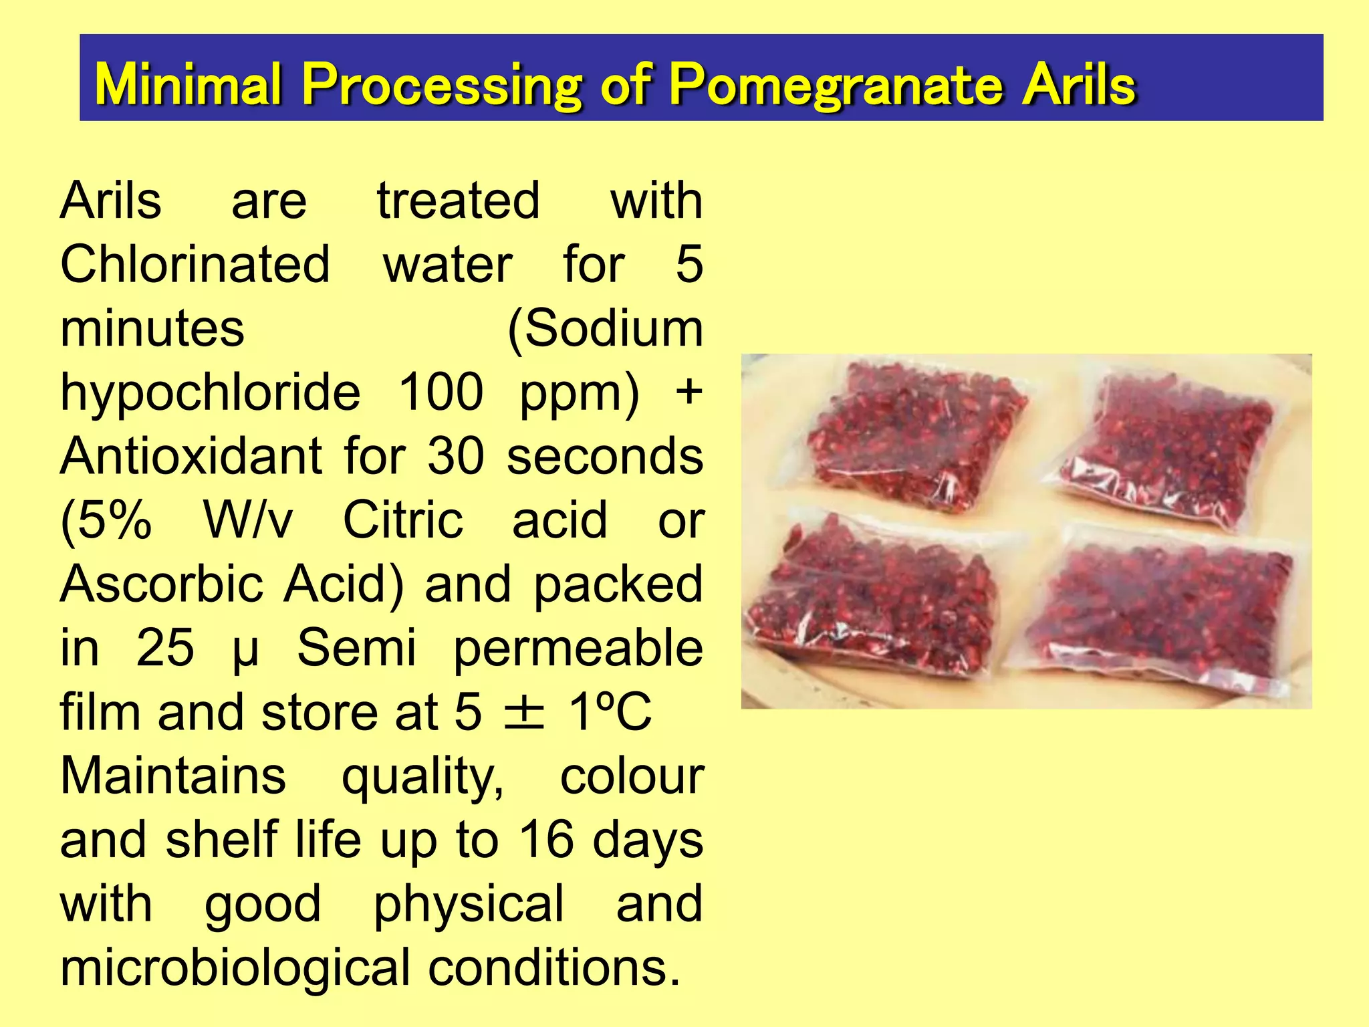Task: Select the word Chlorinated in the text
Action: point(195,265)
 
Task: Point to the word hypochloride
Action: point(211,393)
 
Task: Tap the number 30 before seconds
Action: point(455,456)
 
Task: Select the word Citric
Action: point(402,520)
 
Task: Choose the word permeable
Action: point(578,649)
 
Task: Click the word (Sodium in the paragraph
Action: point(605,329)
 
